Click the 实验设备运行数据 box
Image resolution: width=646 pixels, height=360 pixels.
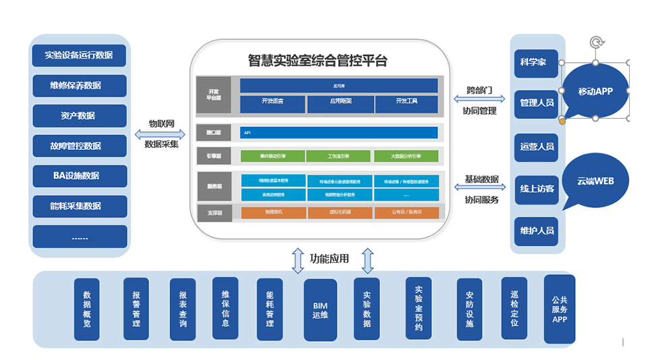click(x=79, y=55)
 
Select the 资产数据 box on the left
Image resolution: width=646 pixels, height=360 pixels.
click(x=79, y=115)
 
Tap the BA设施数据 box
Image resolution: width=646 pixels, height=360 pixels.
click(x=79, y=176)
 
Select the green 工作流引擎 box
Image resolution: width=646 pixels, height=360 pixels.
click(x=338, y=156)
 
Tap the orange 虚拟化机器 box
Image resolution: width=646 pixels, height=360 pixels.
click(x=338, y=213)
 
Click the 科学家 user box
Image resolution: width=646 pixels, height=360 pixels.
click(x=536, y=63)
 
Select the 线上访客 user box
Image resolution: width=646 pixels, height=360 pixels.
click(x=536, y=188)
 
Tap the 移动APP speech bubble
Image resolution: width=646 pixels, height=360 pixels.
click(x=595, y=91)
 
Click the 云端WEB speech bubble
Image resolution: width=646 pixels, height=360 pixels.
click(x=595, y=180)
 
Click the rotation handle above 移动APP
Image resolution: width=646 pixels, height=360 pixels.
click(x=595, y=43)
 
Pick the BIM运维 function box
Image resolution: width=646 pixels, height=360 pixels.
click(x=320, y=311)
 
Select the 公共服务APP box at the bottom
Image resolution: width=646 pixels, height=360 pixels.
click(x=559, y=309)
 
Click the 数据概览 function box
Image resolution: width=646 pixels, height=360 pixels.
click(x=87, y=309)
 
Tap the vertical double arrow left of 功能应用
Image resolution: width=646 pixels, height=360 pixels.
click(x=298, y=260)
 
